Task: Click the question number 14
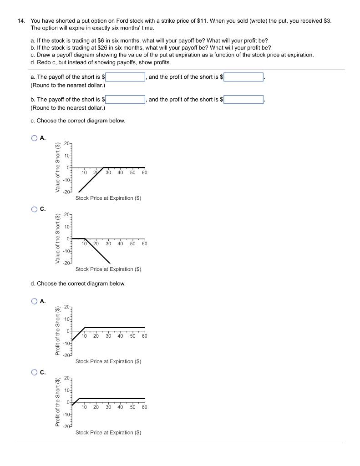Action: tap(21, 21)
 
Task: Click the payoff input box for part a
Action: tap(126, 77)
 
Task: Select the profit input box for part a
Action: tap(243, 77)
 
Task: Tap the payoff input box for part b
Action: tap(126, 99)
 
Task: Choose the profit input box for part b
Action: tap(243, 99)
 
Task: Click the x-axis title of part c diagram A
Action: tap(108, 198)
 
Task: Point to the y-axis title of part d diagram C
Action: tap(58, 402)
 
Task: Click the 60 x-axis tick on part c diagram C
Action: tap(144, 244)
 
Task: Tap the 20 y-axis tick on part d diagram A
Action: tap(67, 308)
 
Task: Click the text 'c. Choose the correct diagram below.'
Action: tap(77, 121)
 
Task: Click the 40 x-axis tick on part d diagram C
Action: tap(120, 407)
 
